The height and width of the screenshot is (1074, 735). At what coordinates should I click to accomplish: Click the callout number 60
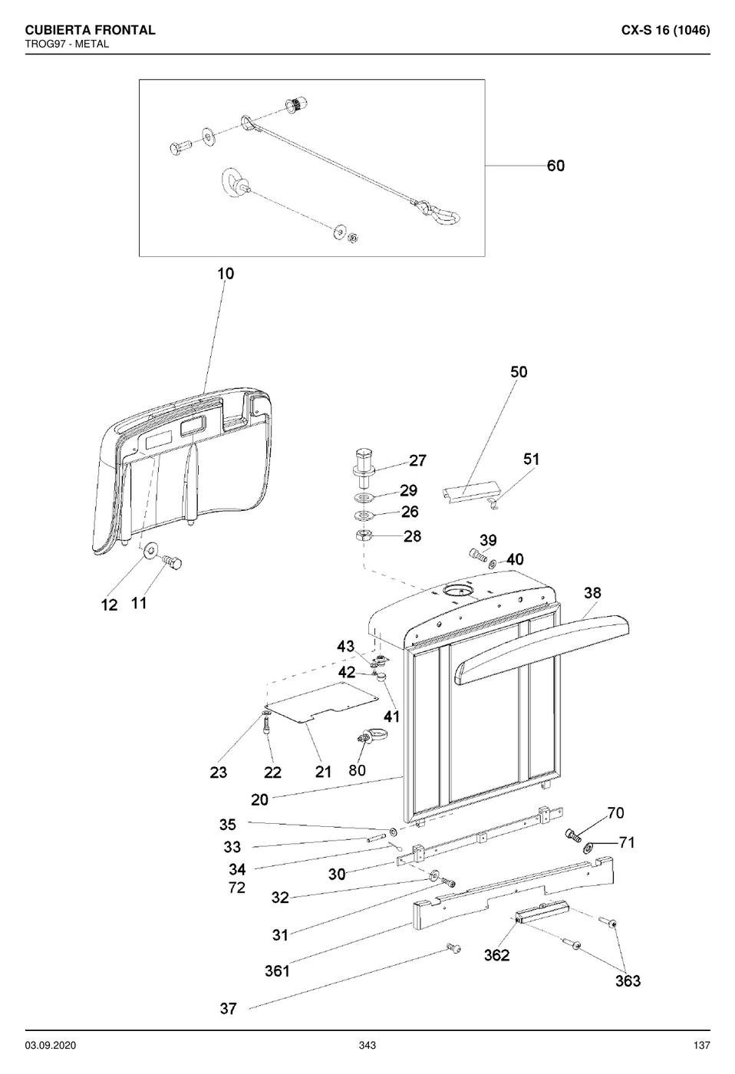(x=555, y=166)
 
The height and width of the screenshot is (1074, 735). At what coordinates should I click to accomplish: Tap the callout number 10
(x=226, y=274)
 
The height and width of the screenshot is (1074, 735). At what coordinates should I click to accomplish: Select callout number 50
(x=519, y=372)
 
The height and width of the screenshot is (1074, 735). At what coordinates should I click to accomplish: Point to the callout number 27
(x=417, y=460)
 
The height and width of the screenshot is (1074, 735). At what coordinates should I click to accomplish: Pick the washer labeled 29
(x=366, y=497)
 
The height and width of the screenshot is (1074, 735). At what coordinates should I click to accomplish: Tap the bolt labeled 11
(x=173, y=562)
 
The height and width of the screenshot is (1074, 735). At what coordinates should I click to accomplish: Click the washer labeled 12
(x=150, y=550)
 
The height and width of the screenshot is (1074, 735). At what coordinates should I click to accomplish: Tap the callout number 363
(x=628, y=981)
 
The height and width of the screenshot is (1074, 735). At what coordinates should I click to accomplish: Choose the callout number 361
(x=277, y=971)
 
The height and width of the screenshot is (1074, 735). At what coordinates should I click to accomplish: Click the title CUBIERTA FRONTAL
(x=90, y=30)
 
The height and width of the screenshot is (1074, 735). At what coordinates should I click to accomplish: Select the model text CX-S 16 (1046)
(x=665, y=30)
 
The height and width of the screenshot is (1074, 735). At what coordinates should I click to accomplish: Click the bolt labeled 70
(x=573, y=835)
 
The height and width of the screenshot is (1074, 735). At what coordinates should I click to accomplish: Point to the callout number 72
(x=237, y=888)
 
